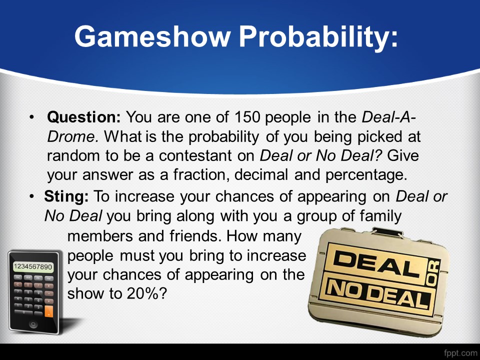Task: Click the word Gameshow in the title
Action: [x=152, y=36]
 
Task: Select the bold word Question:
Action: [x=84, y=117]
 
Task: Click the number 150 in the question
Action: [x=247, y=117]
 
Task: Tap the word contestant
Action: [x=195, y=155]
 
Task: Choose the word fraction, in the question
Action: [x=200, y=175]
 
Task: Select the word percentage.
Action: [x=366, y=175]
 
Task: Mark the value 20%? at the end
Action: [x=147, y=293]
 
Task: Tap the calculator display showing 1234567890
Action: [x=33, y=267]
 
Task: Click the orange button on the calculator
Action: [x=48, y=311]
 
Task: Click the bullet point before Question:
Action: [x=31, y=117]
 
